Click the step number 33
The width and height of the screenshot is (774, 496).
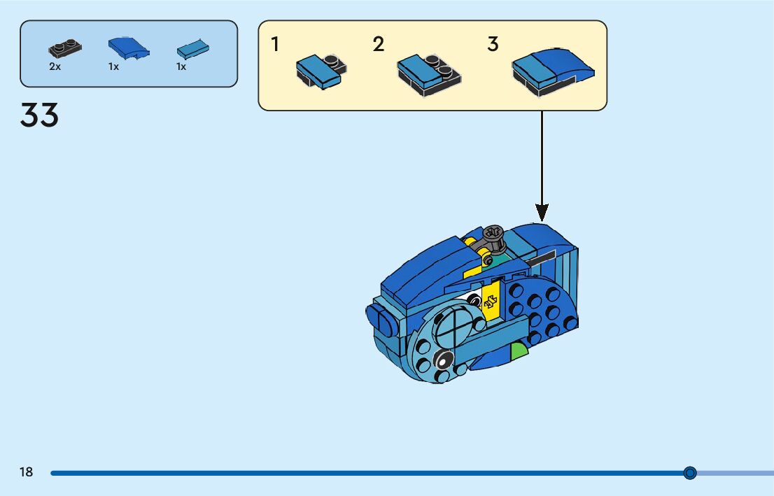tap(39, 115)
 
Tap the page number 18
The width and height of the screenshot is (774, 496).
tap(26, 472)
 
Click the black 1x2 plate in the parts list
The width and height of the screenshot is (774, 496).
tap(64, 48)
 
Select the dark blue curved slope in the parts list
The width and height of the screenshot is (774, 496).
tap(129, 47)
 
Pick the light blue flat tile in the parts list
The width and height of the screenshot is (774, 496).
tap(192, 48)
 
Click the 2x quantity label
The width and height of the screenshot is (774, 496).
tap(55, 67)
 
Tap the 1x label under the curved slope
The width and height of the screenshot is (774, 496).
tap(113, 67)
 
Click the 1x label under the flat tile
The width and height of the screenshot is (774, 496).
tap(181, 67)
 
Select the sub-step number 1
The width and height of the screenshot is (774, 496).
tap(275, 44)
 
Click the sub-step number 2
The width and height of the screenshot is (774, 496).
tap(379, 44)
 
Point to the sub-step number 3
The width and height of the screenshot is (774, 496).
tap(493, 44)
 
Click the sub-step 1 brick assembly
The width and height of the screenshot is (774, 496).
tap(321, 70)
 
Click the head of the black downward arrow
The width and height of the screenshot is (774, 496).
tap(542, 211)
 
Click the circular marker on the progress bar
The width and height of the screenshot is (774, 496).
tap(690, 473)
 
